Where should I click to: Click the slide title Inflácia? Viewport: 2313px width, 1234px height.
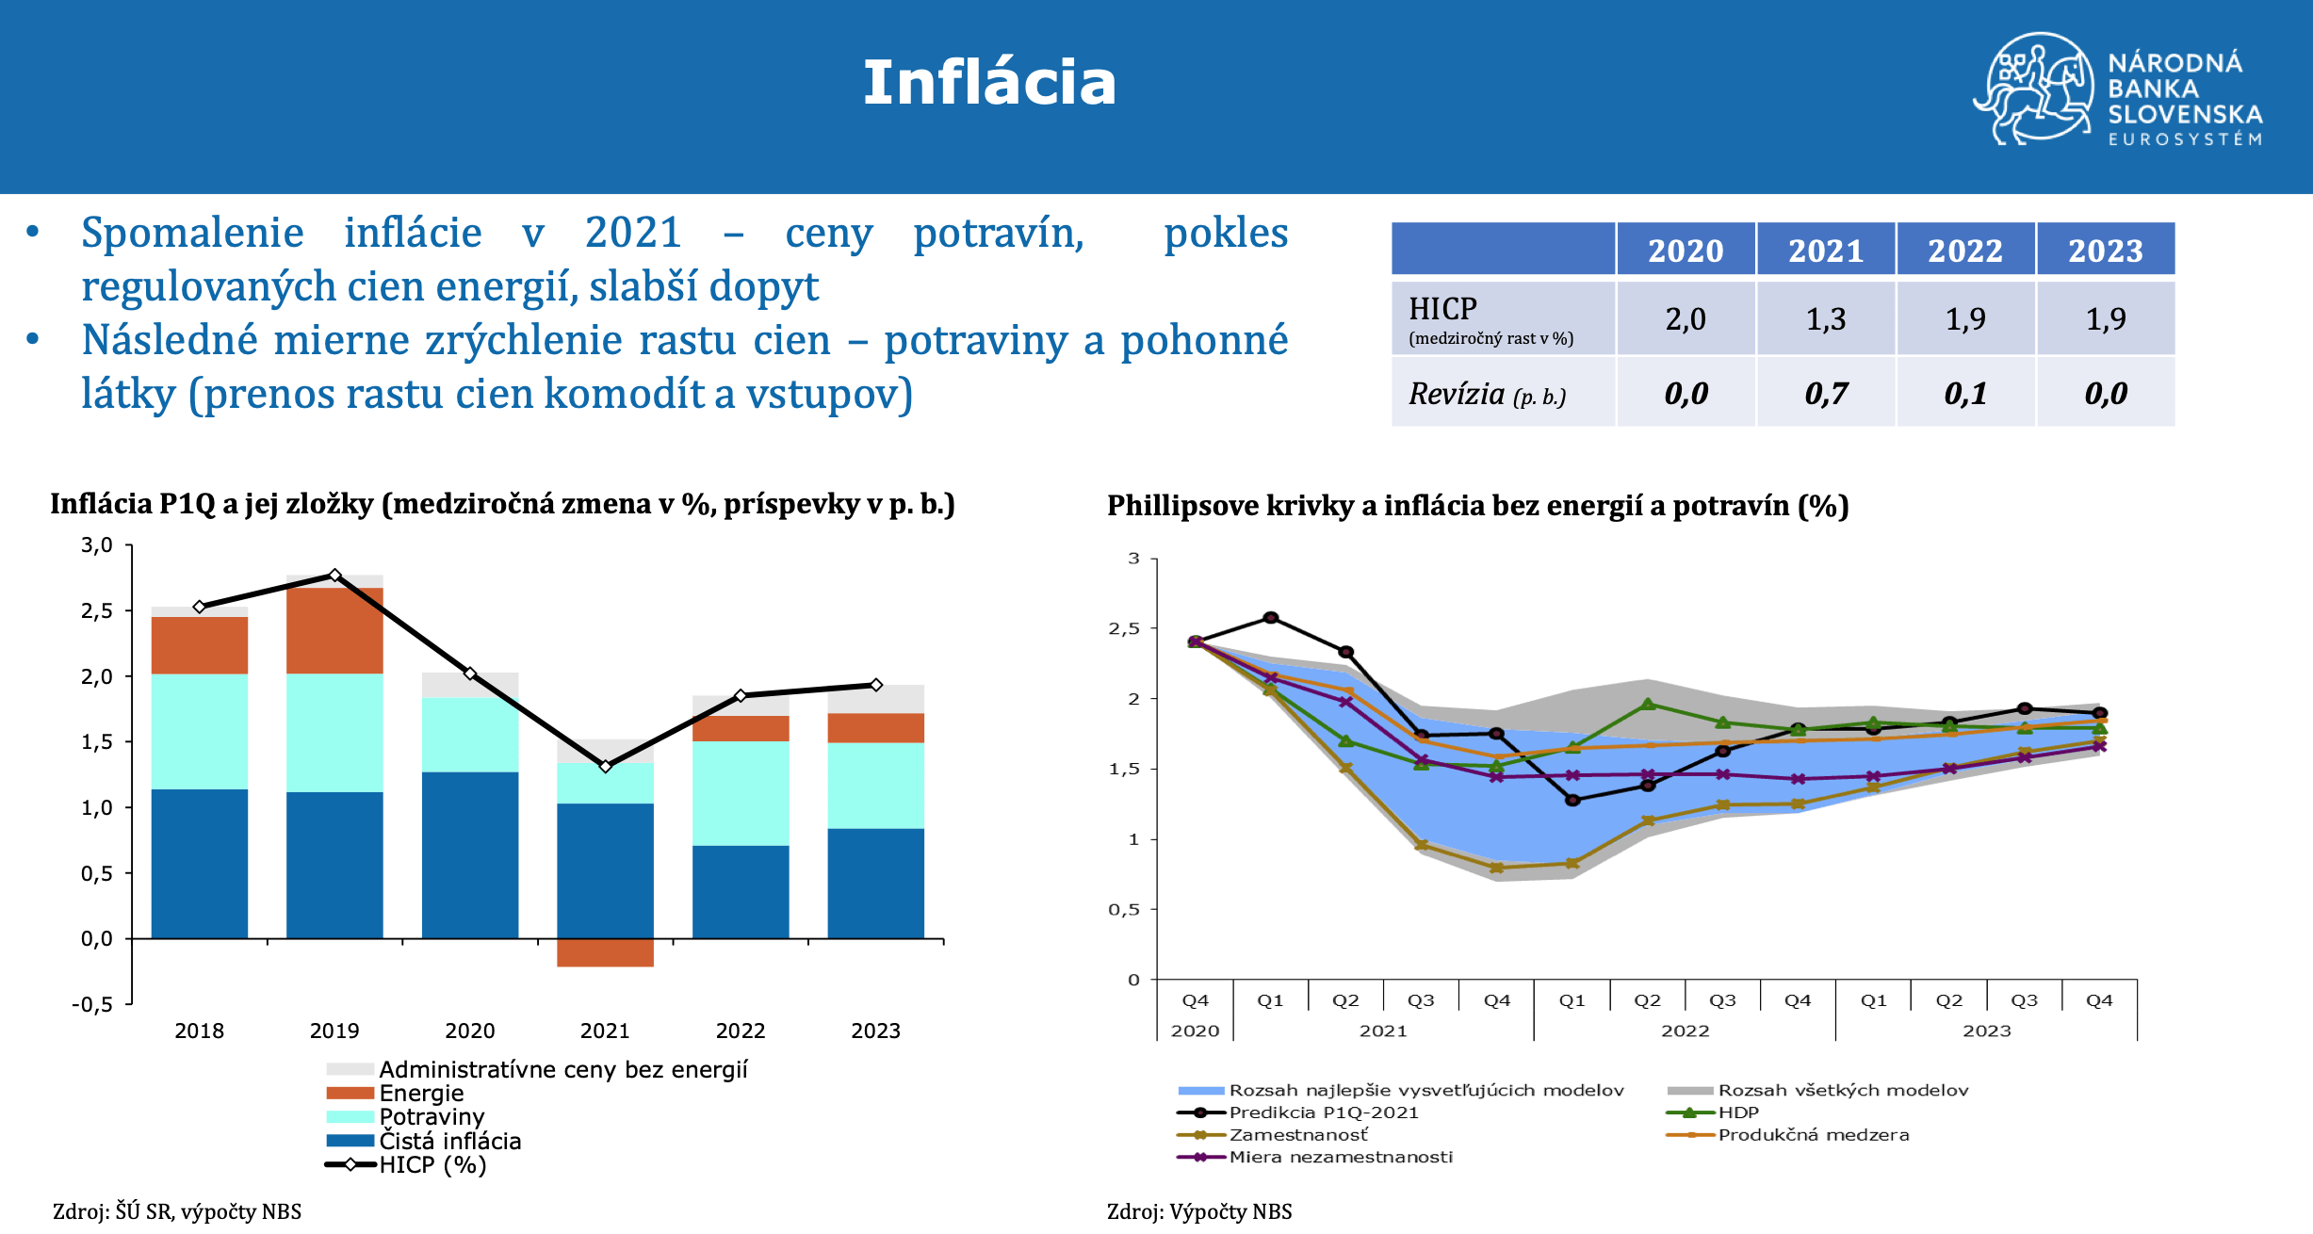989,82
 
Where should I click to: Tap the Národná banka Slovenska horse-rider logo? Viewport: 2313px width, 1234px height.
2034,89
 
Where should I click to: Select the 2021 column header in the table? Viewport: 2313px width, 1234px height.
1826,251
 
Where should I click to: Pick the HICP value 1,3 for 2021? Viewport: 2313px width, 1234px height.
1826,319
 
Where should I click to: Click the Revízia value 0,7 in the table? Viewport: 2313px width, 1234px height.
1826,394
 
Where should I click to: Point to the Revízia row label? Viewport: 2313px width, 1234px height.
1487,394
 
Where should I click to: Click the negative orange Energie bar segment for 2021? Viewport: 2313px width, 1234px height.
605,952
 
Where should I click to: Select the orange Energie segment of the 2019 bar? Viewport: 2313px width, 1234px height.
334,631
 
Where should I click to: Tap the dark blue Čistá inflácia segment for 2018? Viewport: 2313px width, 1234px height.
200,864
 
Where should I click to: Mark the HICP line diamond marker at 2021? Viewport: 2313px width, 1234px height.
605,766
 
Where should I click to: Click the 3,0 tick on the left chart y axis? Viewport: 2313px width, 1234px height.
96,545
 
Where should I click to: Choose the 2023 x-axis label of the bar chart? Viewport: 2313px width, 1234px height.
875,1031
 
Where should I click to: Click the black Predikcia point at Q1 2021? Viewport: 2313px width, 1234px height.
1270,618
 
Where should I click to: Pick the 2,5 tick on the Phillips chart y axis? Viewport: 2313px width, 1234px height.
1124,628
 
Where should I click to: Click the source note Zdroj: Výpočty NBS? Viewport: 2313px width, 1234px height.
1199,1211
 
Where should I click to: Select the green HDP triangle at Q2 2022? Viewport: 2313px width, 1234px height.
1647,704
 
